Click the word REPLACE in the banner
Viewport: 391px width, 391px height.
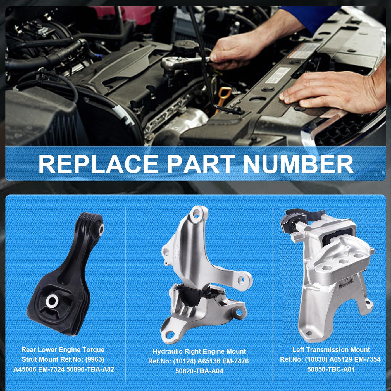98,164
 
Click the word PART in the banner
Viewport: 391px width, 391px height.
201,164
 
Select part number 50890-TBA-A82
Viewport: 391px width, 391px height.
90,369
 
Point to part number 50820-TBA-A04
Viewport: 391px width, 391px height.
199,371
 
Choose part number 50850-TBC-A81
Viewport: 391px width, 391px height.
331,369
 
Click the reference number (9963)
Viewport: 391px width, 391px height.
95,359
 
